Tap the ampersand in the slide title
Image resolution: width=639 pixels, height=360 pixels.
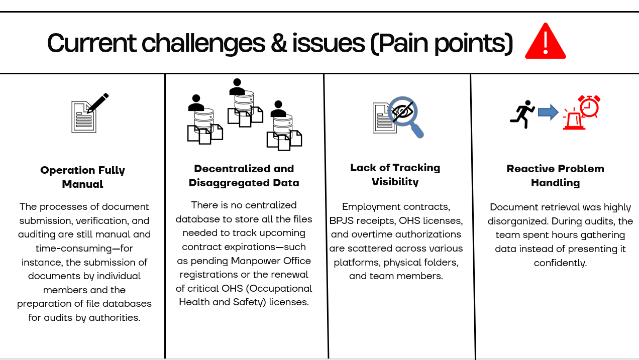pos(279,43)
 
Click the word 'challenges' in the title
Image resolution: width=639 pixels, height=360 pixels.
pos(203,44)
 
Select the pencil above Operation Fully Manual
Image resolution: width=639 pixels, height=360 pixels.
pos(98,102)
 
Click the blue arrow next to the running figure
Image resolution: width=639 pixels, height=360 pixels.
pos(548,112)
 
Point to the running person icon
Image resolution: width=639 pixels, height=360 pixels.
pos(522,114)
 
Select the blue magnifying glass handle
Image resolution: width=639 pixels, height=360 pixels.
pos(417,130)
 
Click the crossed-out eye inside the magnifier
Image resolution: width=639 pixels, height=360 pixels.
pos(402,111)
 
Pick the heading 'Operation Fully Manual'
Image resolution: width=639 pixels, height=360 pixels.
pos(83,177)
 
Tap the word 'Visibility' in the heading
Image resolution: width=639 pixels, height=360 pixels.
pos(395,182)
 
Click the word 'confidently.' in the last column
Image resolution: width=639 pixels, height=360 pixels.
pos(560,263)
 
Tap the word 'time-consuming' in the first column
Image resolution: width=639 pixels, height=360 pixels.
pos(74,248)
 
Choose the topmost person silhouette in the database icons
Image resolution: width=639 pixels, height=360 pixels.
pos(237,87)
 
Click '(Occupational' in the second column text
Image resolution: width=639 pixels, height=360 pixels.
pos(279,289)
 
